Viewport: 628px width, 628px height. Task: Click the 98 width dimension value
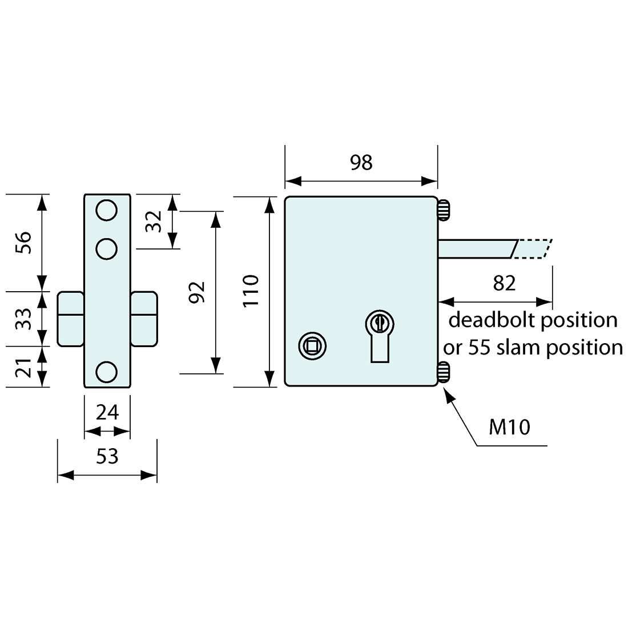(x=361, y=163)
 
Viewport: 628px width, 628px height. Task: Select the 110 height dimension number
(x=251, y=291)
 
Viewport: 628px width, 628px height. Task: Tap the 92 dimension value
(x=196, y=292)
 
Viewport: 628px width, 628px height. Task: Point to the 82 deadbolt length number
(x=504, y=283)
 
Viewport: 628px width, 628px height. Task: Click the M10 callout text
(x=509, y=426)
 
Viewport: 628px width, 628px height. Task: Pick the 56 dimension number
(x=23, y=243)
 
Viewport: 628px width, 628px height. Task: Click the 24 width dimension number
(x=107, y=412)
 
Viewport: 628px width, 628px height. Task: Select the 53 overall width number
(x=107, y=457)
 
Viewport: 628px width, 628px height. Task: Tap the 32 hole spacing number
(x=153, y=221)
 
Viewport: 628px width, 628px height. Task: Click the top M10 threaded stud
(x=444, y=210)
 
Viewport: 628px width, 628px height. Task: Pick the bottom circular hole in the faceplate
(x=106, y=371)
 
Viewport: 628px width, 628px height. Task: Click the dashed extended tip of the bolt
(x=533, y=249)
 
